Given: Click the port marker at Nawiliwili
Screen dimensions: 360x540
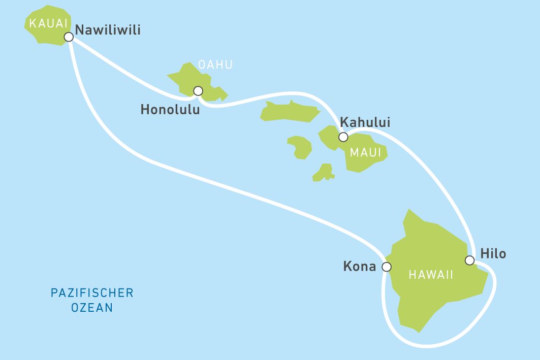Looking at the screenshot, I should (x=69, y=37).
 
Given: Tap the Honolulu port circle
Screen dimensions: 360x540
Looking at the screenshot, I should (x=198, y=91).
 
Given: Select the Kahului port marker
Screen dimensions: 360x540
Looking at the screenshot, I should (x=343, y=137).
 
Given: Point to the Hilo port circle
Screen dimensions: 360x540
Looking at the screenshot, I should (x=469, y=260).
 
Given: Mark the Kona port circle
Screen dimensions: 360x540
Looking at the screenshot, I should (x=387, y=267).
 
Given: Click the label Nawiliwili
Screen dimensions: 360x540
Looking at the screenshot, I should (x=108, y=30).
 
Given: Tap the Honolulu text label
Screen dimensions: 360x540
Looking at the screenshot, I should (x=170, y=109).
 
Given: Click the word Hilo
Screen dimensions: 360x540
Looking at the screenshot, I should (x=493, y=253).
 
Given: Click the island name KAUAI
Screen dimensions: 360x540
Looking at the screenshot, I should (x=49, y=23).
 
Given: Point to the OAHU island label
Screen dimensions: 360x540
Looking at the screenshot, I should (x=215, y=64).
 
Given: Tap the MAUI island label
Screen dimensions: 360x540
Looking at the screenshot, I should (x=365, y=153).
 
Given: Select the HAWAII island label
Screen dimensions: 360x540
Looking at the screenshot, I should (x=431, y=275).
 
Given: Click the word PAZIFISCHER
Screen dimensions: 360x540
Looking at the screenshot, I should (x=92, y=293).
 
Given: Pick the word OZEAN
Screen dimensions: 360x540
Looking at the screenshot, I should (x=92, y=308).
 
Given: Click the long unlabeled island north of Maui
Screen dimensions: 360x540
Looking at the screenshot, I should (x=290, y=112).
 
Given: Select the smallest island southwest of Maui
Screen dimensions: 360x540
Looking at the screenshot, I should (x=323, y=173).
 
